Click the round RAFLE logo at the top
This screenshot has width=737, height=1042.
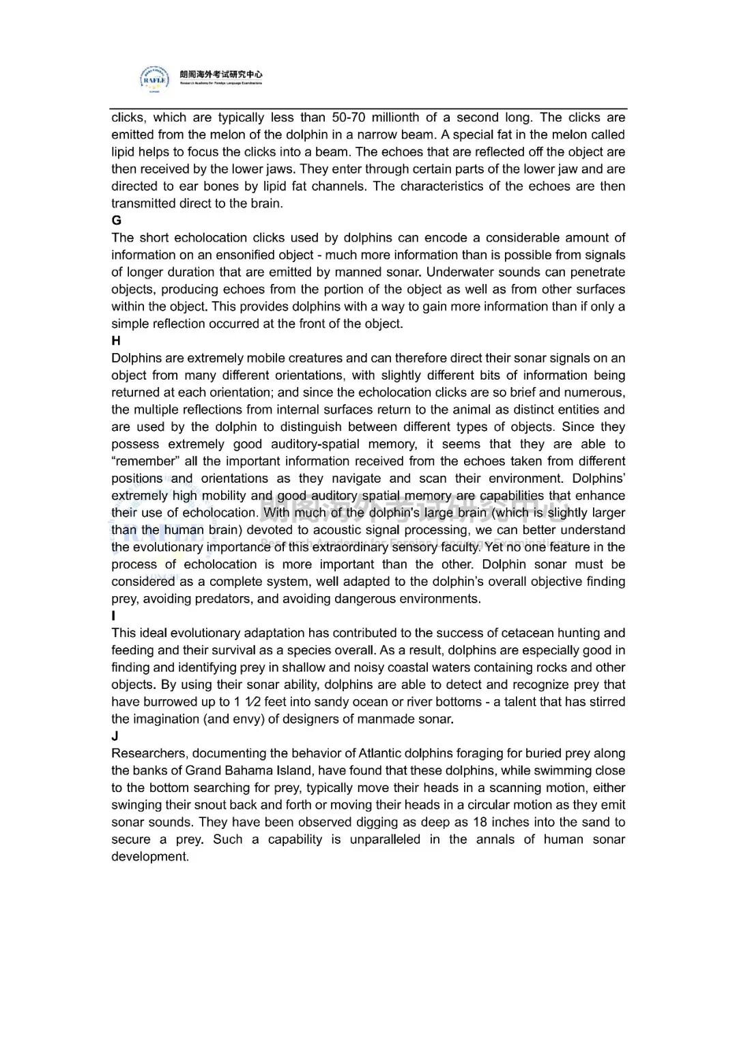point(155,79)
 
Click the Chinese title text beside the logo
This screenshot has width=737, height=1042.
point(221,74)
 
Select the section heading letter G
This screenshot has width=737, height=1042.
point(117,221)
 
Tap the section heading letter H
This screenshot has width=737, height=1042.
point(116,341)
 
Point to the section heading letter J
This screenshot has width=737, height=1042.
point(115,736)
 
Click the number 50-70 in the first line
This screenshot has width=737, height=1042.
point(349,117)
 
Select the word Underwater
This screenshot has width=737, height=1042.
point(459,272)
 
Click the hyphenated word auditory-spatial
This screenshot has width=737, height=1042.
point(315,444)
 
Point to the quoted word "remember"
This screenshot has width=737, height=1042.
point(145,461)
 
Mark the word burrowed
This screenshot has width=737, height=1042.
point(166,701)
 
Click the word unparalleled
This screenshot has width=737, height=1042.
point(385,839)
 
